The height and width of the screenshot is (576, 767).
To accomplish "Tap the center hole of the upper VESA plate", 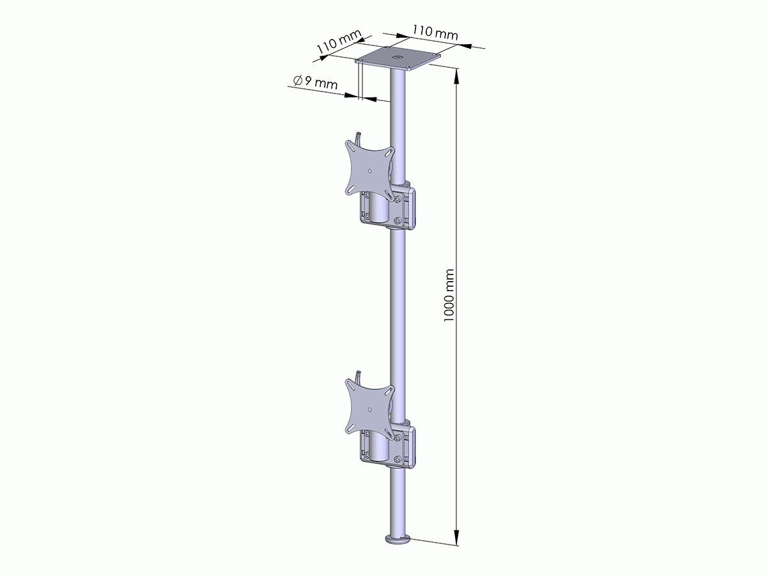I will point(371,171).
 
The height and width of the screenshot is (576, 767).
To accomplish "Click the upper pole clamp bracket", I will point(407,208).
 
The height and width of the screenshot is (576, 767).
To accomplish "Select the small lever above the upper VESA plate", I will point(359,137).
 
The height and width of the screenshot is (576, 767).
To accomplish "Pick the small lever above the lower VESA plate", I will point(359,375).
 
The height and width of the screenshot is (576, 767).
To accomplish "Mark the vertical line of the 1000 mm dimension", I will point(456,384).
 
